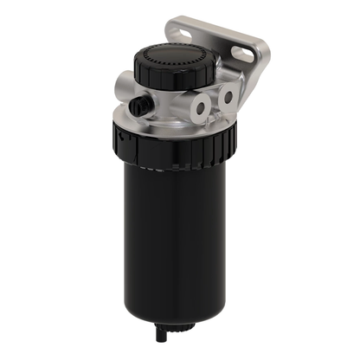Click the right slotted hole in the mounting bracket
point(244,54)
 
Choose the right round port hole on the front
point(228,97)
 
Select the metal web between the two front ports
point(214,103)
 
